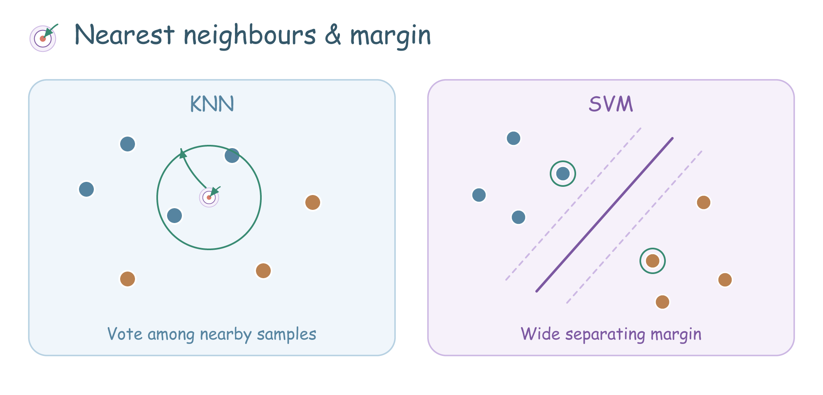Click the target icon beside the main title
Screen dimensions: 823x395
[43, 38]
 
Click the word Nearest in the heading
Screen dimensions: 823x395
[125, 35]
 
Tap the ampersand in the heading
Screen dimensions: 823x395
[333, 35]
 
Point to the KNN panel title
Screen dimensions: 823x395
[212, 104]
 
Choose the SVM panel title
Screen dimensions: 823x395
[611, 104]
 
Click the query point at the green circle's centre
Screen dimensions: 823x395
[209, 197]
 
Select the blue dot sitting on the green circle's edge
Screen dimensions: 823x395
[232, 156]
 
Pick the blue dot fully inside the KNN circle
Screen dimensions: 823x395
[174, 216]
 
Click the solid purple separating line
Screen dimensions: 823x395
[604, 215]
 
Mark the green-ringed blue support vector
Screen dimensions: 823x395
[563, 174]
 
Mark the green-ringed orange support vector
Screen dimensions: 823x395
[653, 261]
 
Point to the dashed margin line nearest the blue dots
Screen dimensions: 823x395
[573, 204]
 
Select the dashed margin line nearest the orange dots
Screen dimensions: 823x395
[634, 227]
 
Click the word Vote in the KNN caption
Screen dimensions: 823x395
[125, 334]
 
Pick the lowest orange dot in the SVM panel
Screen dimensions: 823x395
[663, 302]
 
